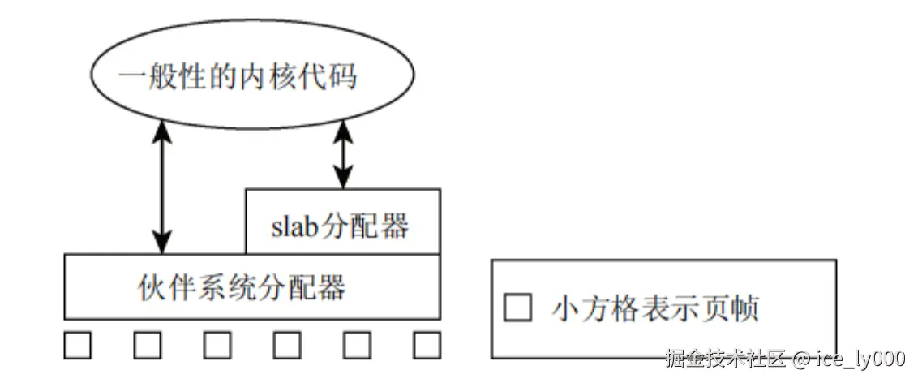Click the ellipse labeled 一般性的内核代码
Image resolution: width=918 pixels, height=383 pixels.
[251, 76]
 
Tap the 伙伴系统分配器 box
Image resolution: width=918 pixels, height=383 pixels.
[252, 286]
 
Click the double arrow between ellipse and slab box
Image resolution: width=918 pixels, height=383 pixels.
[344, 153]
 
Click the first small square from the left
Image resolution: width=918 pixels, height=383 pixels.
[78, 345]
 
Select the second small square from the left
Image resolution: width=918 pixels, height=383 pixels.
[148, 345]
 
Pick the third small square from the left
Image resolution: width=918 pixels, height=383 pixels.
[217, 345]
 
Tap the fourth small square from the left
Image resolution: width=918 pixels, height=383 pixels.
[287, 345]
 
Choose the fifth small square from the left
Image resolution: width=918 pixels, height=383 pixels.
[357, 345]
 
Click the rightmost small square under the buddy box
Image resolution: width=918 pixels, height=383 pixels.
[427, 345]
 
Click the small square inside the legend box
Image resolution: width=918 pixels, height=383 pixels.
[518, 308]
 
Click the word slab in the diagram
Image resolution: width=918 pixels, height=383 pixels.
[295, 225]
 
